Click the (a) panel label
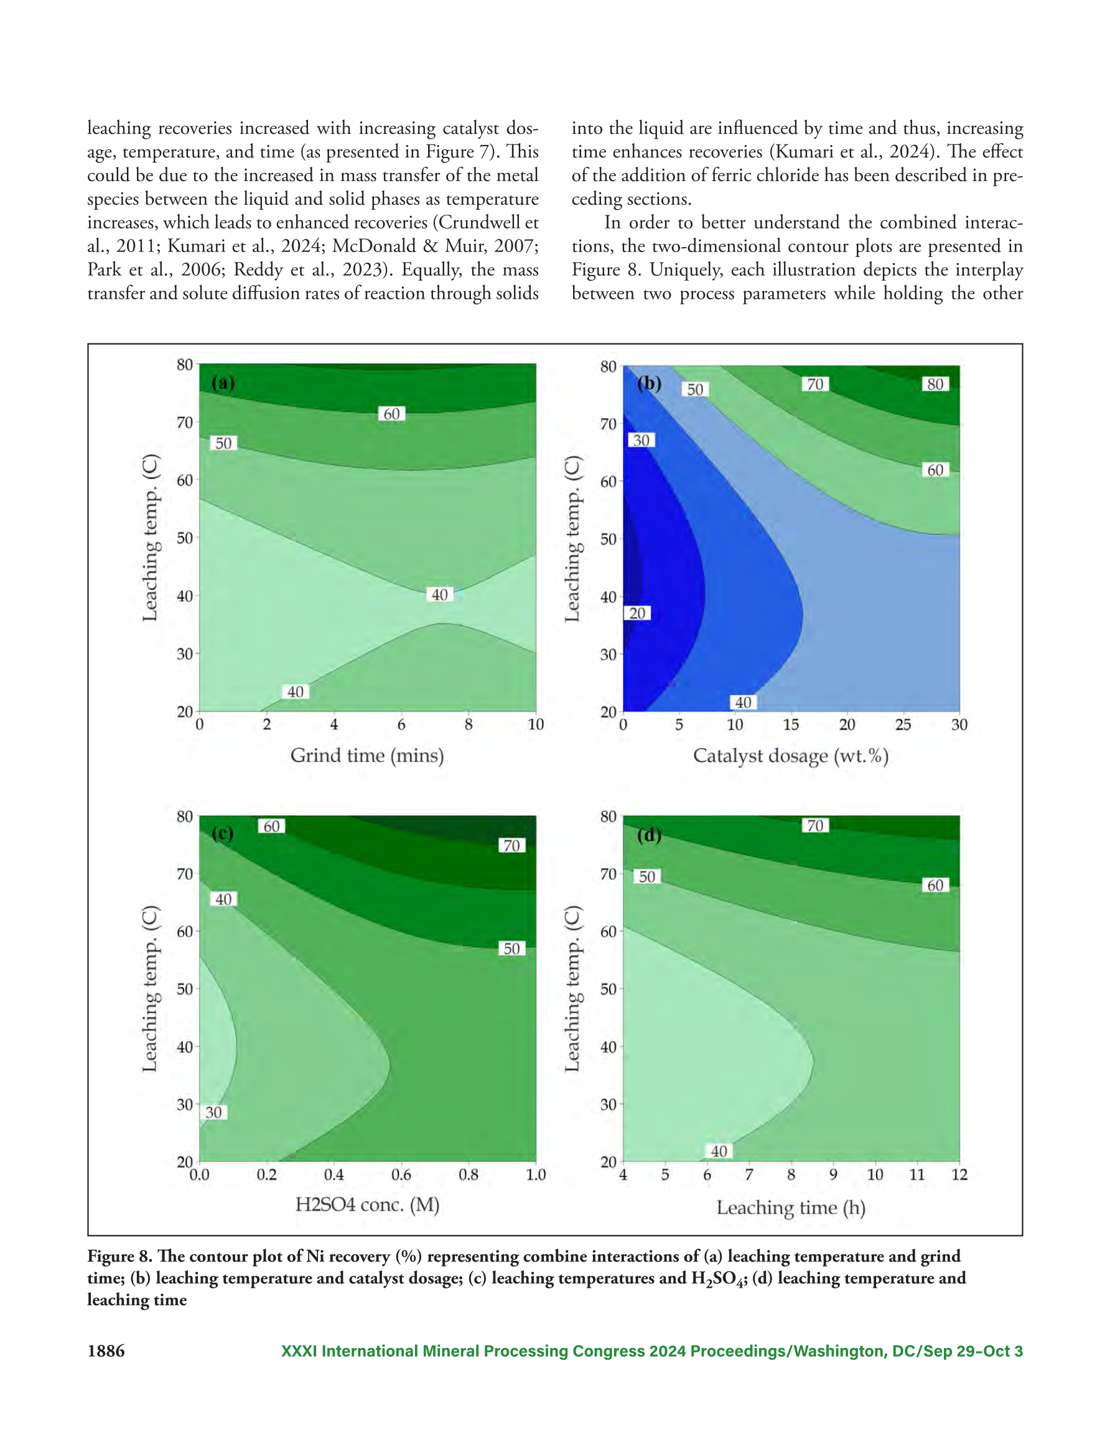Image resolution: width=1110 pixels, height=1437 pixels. point(223,383)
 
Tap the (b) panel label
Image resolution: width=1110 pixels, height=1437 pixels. point(649,383)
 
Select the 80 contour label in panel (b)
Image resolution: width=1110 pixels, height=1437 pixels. point(935,383)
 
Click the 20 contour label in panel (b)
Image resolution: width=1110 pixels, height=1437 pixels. point(637,613)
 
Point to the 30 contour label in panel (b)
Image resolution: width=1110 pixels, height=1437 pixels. point(641,440)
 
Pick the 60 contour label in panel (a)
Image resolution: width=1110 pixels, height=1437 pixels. point(391,414)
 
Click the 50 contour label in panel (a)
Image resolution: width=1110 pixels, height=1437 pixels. point(224,443)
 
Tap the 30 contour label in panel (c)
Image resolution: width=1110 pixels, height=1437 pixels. point(214,1112)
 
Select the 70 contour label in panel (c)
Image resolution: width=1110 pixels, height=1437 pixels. point(512,846)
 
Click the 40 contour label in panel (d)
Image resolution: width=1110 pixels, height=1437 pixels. point(719,1151)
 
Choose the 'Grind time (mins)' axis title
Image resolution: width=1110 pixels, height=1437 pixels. point(367,756)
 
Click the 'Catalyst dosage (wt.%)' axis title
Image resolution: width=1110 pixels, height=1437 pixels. point(791,756)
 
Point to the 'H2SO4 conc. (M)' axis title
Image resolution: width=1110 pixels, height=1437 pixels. point(367,1205)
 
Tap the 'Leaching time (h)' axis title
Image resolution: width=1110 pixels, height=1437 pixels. point(791,1208)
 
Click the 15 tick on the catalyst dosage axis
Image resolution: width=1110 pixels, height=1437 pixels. point(791,724)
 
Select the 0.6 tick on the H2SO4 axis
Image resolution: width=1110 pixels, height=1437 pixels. point(401,1174)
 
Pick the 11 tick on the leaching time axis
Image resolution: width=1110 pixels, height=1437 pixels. point(917,1174)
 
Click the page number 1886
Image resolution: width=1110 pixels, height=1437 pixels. point(106,1351)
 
